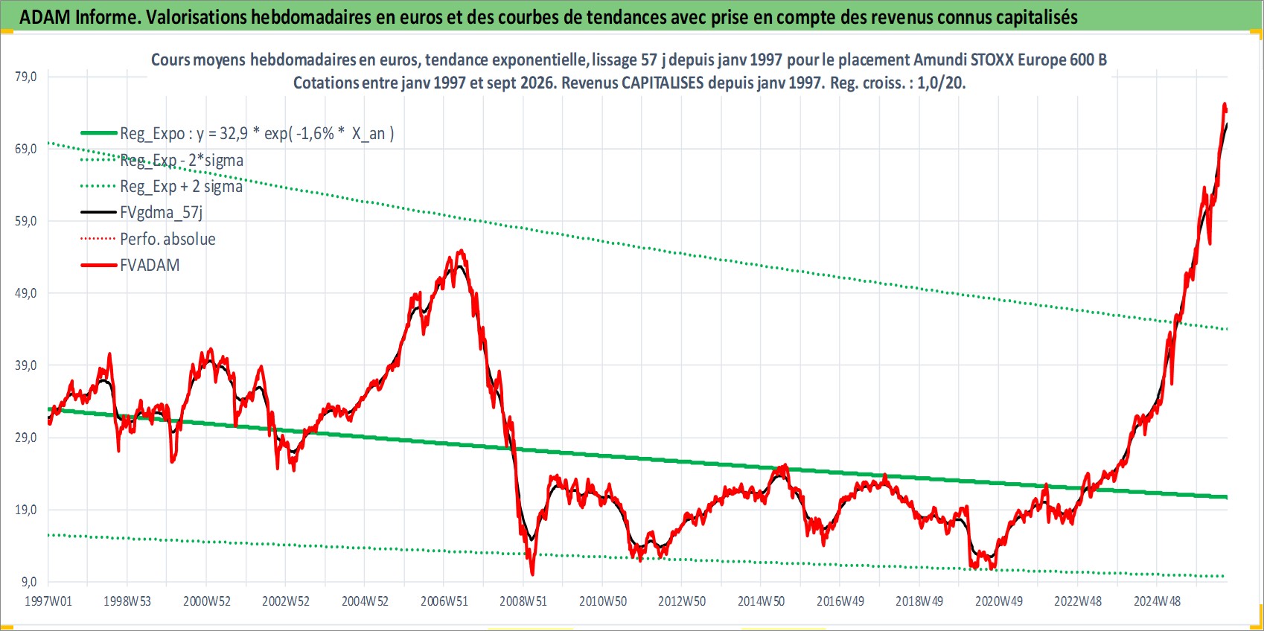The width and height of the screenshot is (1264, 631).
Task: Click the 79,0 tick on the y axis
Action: tap(26, 77)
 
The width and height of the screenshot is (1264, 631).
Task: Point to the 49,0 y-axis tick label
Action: tap(26, 293)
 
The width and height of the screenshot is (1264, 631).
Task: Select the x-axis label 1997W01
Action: tap(48, 601)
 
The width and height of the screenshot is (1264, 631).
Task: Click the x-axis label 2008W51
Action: tap(523, 601)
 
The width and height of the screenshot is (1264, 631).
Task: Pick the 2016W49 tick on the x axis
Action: tap(840, 601)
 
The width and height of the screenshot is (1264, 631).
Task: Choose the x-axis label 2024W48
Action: tap(1157, 601)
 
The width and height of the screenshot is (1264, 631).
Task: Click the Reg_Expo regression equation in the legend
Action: tap(257, 134)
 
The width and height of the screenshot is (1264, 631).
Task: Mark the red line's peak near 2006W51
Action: tap(462, 250)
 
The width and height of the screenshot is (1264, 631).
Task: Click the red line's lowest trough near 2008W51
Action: tap(532, 574)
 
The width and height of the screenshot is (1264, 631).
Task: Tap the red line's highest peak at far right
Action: tap(1224, 103)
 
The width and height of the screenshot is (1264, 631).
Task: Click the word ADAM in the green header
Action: tap(45, 17)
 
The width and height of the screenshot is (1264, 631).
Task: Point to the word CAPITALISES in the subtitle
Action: tap(663, 83)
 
